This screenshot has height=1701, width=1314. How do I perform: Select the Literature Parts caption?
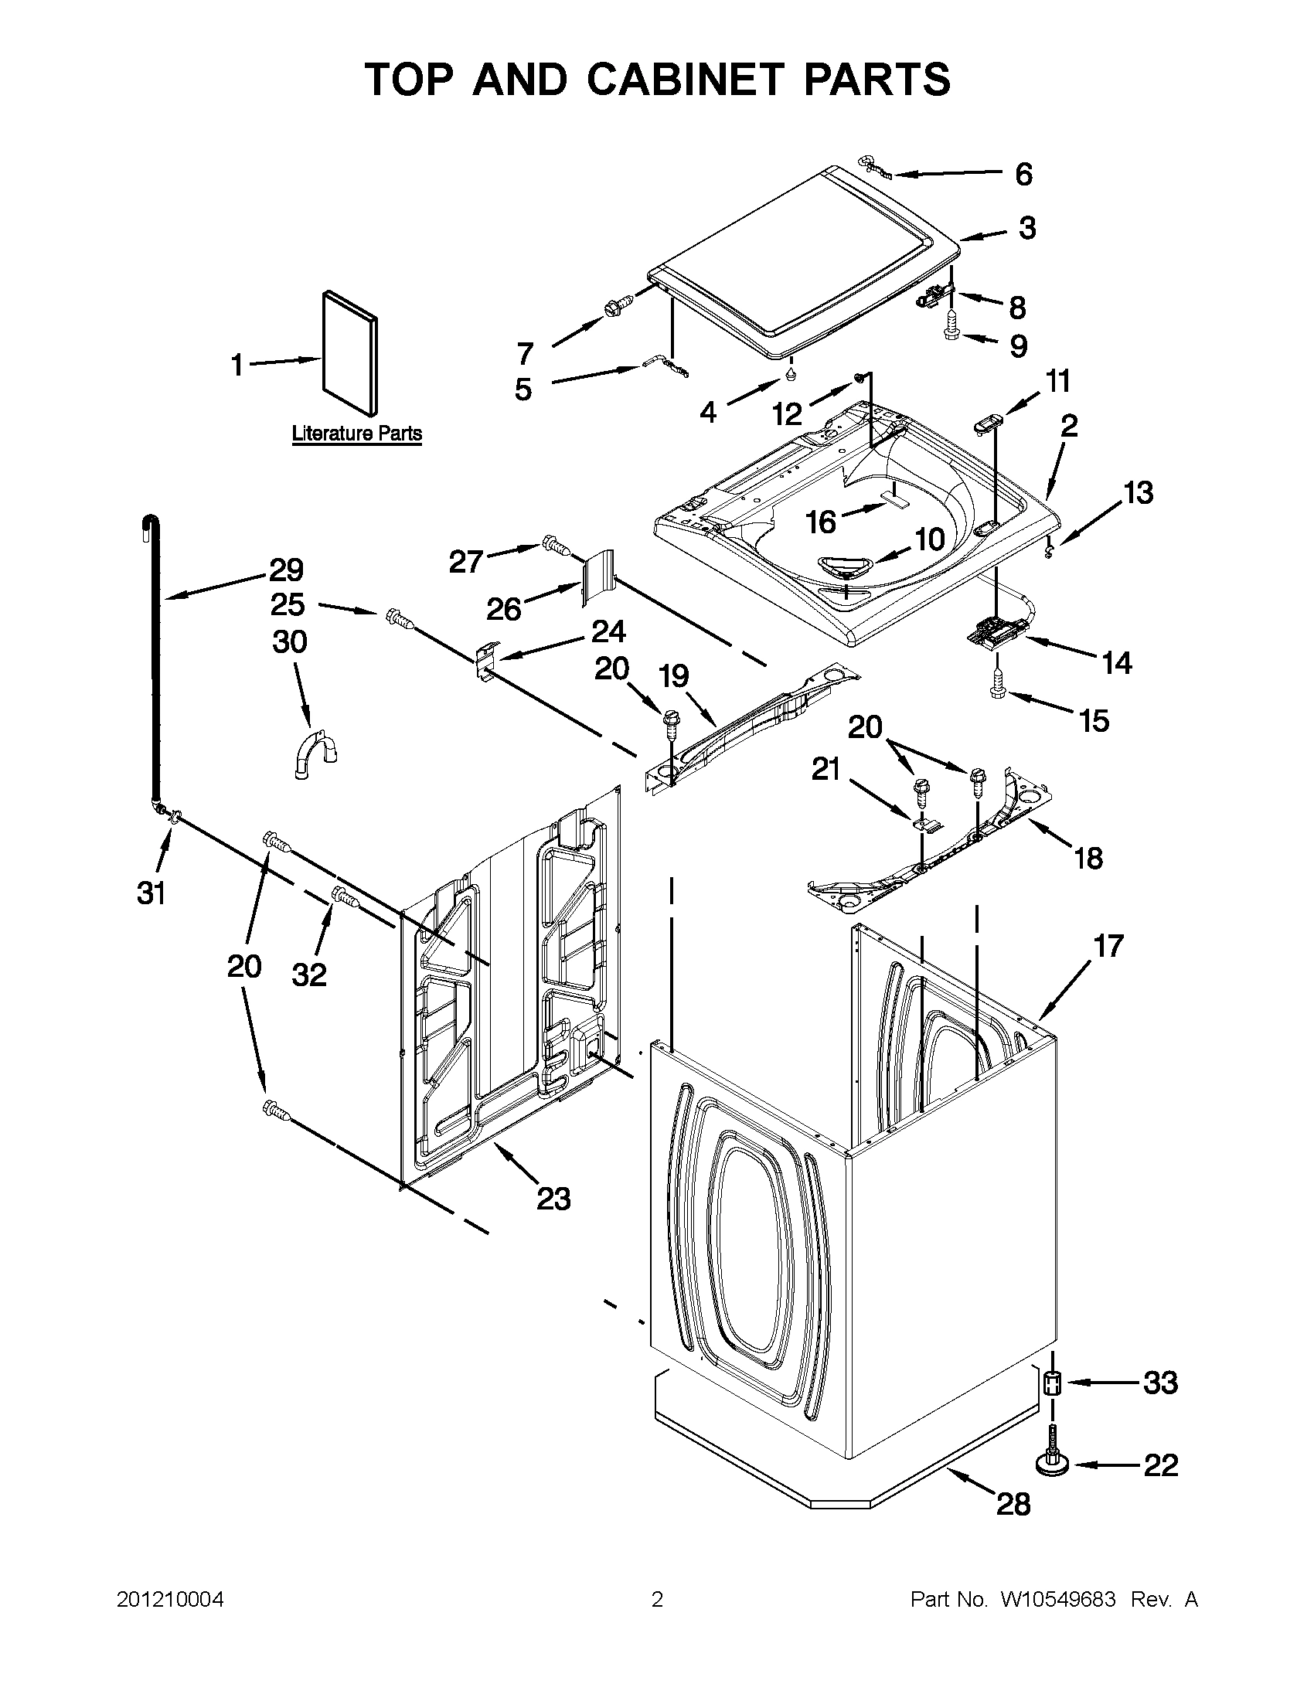coord(357,433)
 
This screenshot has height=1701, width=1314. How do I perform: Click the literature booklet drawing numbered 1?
coord(349,353)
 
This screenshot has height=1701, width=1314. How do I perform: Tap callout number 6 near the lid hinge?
coord(1023,175)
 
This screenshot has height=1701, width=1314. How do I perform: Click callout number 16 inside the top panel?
coord(821,522)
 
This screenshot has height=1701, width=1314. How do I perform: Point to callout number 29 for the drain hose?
coord(286,571)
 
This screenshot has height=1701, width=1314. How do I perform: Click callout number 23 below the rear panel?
coord(553,1198)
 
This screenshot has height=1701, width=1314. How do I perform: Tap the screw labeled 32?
coord(344,897)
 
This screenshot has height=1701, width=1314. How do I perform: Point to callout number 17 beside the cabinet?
coord(1108,945)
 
